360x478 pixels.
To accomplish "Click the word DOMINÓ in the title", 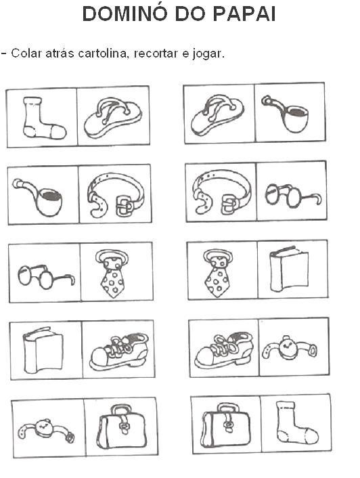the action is pyautogui.click(x=125, y=14).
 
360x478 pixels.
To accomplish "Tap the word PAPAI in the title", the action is pyautogui.click(x=244, y=14).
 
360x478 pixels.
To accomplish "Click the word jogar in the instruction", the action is pyautogui.click(x=208, y=54).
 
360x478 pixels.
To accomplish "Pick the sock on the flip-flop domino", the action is pyautogui.click(x=43, y=118).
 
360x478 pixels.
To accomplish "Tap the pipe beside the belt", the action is pyautogui.click(x=39, y=197).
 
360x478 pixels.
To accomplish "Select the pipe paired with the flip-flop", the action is pyautogui.click(x=286, y=113).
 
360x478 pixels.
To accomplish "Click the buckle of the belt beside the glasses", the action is pyautogui.click(x=229, y=204).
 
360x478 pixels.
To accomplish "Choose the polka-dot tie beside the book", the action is pyautogui.click(x=218, y=273).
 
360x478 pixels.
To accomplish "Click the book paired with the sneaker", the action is pyautogui.click(x=43, y=350).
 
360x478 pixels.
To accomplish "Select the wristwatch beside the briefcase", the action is pyautogui.click(x=46, y=431).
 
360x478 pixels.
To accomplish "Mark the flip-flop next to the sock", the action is pyautogui.click(x=113, y=117).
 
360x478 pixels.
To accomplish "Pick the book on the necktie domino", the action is pyautogui.click(x=289, y=268).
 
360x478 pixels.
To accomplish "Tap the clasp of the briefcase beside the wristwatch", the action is pyautogui.click(x=125, y=427).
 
